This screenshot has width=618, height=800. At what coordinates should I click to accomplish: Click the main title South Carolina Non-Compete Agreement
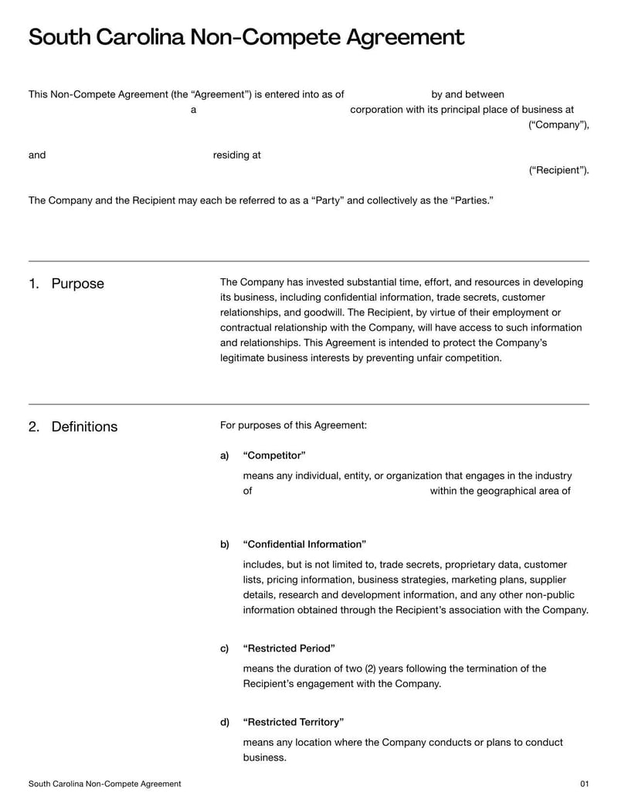coord(246,37)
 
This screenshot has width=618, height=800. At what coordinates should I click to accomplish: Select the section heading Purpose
coord(77,284)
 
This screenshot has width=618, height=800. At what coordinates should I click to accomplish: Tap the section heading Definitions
coord(84,427)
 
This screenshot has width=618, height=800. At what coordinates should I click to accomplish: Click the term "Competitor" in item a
coord(274,455)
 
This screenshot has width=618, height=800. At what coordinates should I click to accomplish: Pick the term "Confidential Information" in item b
coord(304,544)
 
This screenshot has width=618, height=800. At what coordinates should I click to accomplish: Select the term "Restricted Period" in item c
coord(289,648)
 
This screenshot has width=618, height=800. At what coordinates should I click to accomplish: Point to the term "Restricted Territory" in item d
coord(293,722)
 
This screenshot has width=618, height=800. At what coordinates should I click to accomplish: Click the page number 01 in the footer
coord(584,784)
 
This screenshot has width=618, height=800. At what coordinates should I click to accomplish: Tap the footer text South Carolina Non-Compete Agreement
coord(105,784)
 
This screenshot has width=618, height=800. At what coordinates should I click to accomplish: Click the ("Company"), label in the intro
coord(559,125)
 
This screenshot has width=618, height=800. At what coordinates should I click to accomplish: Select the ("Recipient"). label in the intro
coord(559,170)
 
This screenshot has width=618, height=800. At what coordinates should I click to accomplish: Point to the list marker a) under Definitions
coord(225,455)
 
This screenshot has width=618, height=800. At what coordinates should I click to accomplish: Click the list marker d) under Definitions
coord(225,722)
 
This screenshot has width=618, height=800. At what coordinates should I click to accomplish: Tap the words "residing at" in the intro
coord(236,155)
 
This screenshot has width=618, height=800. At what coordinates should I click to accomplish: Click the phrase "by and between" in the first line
coord(467,94)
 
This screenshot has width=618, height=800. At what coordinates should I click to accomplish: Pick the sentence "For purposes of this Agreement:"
coord(294,425)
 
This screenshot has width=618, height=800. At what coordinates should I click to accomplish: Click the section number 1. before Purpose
coord(33,284)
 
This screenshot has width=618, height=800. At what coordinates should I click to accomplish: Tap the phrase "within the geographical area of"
coord(501,491)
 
